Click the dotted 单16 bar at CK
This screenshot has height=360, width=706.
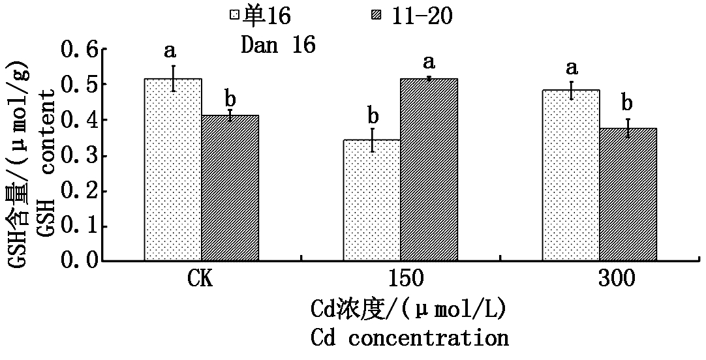point(173,170)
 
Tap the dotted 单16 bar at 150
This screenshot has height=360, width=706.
point(372,200)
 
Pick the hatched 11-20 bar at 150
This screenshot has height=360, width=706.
point(429,170)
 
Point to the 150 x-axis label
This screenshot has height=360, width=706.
point(401,280)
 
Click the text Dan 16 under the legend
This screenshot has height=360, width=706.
point(279,44)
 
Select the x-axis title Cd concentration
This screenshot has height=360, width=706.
point(409,338)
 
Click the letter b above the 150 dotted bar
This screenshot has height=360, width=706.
point(373,116)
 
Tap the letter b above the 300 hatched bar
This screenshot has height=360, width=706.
point(628,102)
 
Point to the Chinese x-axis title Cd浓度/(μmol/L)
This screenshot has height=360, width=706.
point(409,308)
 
